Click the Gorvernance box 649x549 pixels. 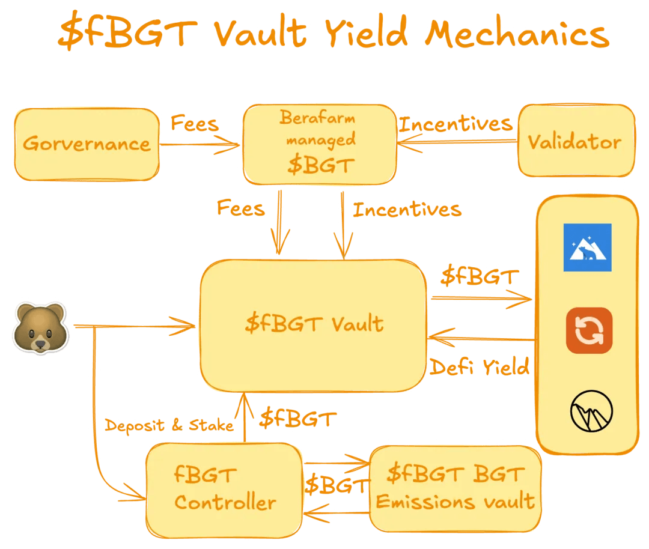[87, 144]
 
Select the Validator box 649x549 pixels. [575, 142]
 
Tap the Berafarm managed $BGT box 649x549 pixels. [319, 144]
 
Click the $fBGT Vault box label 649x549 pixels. [314, 324]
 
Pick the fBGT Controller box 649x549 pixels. [224, 489]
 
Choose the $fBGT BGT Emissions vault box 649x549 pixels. [455, 488]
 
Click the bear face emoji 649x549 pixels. [40, 328]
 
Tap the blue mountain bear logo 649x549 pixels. [587, 247]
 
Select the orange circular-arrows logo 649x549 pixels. [589, 330]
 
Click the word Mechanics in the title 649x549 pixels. [516, 34]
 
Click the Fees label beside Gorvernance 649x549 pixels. [194, 124]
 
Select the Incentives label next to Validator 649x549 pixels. [455, 124]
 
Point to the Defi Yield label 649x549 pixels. [480, 366]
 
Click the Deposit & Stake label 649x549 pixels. [169, 426]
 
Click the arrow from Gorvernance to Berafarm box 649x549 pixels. [200, 144]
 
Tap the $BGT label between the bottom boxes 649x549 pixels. [336, 485]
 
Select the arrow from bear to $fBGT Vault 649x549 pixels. [135, 327]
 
